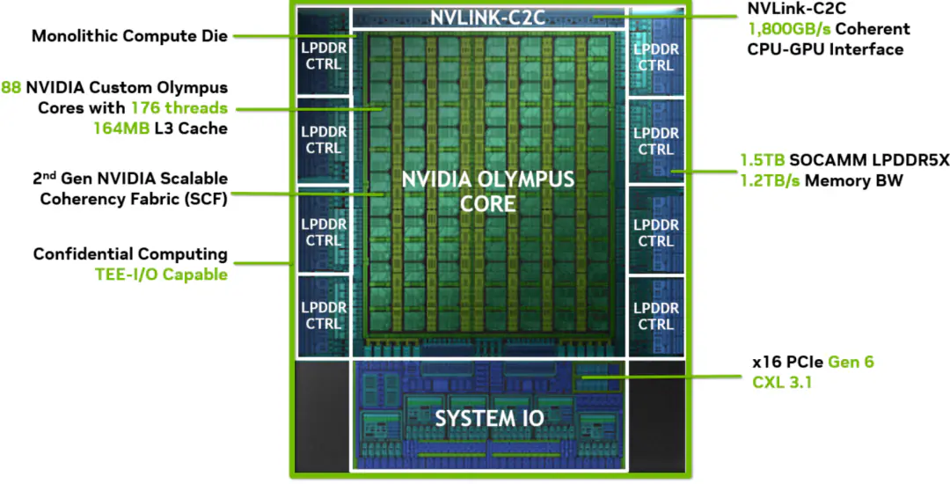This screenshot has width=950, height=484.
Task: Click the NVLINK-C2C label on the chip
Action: coord(487,17)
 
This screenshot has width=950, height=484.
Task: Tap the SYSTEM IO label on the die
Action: coord(490,418)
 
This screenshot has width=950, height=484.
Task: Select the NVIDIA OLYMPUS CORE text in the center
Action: coord(487,191)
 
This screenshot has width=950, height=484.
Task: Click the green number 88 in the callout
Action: coord(11,87)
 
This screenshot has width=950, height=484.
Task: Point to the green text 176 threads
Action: coord(179,108)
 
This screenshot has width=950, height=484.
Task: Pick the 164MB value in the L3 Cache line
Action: coord(121,128)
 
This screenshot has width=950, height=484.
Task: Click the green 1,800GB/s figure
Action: coord(790,28)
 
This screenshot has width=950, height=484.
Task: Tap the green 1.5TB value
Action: coord(762,160)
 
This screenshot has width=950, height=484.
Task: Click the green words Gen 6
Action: coord(851,363)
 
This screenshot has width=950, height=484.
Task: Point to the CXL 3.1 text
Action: coord(782,382)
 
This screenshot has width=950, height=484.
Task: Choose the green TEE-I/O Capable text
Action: coord(161,275)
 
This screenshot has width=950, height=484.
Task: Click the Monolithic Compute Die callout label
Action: coord(129,36)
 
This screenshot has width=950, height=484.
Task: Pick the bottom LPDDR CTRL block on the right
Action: coord(656,316)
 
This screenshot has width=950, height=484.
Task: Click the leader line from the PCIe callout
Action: coord(661,377)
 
